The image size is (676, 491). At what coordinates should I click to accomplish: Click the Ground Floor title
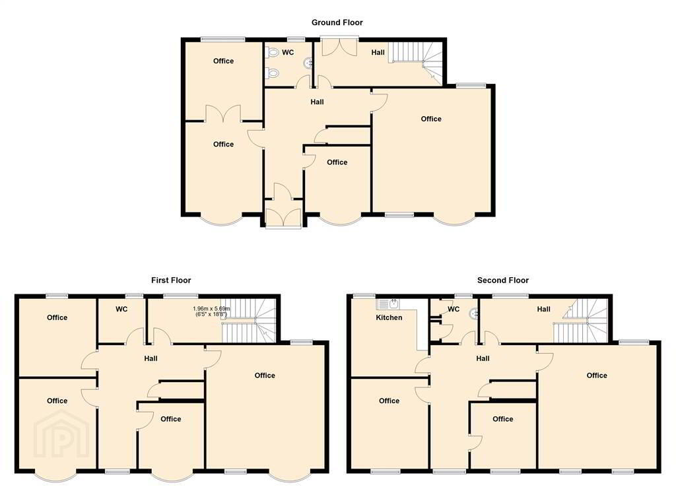click(337, 22)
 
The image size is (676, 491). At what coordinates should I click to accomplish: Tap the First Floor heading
click(171, 280)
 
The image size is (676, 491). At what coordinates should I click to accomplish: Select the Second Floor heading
click(502, 280)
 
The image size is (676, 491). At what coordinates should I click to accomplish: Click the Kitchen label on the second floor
click(389, 317)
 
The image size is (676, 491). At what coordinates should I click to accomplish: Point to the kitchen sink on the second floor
click(389, 304)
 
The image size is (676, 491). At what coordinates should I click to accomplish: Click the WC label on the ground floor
click(288, 53)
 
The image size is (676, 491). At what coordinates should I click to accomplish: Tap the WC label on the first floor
click(121, 309)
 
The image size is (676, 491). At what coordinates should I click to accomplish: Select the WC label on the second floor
click(454, 309)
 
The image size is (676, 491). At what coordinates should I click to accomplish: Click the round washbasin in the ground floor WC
click(308, 64)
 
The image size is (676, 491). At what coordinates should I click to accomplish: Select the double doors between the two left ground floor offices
click(223, 114)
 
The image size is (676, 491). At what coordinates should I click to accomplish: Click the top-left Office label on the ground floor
click(223, 61)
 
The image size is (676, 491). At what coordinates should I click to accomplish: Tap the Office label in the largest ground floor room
click(431, 119)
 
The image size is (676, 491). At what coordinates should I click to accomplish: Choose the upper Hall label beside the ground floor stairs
click(378, 53)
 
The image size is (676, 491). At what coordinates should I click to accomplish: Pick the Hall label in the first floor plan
click(151, 358)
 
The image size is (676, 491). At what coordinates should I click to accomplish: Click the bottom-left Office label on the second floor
click(389, 401)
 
